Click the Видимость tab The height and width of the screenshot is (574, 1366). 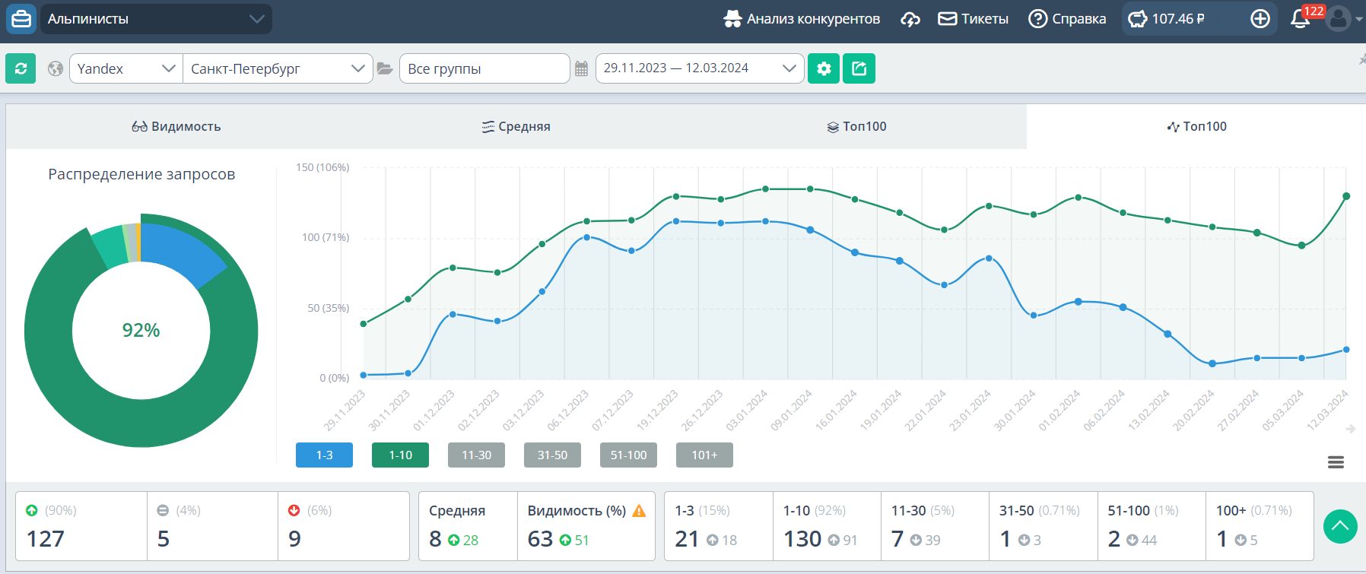pos(176,126)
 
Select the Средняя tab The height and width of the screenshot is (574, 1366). pos(516,126)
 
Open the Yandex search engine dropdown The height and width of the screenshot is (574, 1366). pos(125,68)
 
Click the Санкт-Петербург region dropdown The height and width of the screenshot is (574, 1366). pos(278,68)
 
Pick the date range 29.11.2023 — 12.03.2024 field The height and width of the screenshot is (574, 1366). pos(699,68)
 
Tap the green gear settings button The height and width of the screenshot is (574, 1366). pos(823,68)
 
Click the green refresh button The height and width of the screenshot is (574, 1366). pos(21,68)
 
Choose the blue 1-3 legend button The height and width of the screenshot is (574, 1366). pos(324,455)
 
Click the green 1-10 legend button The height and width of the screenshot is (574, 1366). pos(400,455)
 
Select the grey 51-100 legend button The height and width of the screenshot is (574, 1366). pos(628,455)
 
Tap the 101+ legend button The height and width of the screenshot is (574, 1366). pos(704,455)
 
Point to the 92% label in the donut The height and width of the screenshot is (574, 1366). pos(141,330)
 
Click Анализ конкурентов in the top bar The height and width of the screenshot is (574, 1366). pos(802,19)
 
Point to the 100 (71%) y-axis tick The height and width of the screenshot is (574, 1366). pos(326,237)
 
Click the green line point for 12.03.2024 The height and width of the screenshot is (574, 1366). pos(1346,196)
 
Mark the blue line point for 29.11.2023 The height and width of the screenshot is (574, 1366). pos(364,375)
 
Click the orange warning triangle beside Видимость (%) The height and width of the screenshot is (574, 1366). pos(639,511)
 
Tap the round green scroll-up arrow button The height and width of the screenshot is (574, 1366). pos(1340,526)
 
